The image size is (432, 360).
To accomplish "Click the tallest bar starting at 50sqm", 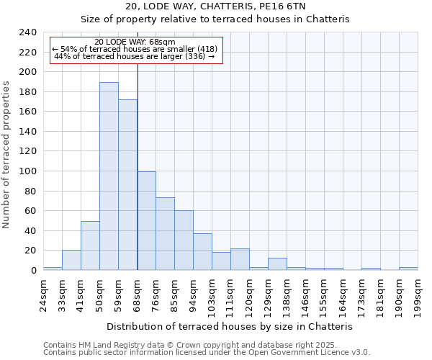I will click(x=109, y=176).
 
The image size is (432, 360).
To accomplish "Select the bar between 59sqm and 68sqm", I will click(x=127, y=185).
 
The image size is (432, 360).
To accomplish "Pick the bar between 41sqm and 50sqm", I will click(x=90, y=246).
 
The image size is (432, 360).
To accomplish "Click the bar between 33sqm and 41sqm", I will click(x=71, y=260).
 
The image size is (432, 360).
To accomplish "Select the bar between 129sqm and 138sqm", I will click(x=277, y=264).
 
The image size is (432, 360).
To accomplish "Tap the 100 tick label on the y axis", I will click(x=27, y=171).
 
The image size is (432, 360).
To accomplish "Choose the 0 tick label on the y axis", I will click(x=33, y=271).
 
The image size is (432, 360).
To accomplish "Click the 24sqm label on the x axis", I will click(x=43, y=294).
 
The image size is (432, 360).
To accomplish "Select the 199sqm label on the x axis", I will click(x=418, y=294).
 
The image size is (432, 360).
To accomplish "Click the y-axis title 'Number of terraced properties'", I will click(x=7, y=155).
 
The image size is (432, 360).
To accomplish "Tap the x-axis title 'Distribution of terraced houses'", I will click(x=234, y=326).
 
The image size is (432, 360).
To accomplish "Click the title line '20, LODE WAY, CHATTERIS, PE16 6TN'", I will click(x=215, y=6).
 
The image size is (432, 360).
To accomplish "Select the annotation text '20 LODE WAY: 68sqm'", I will click(x=135, y=42).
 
